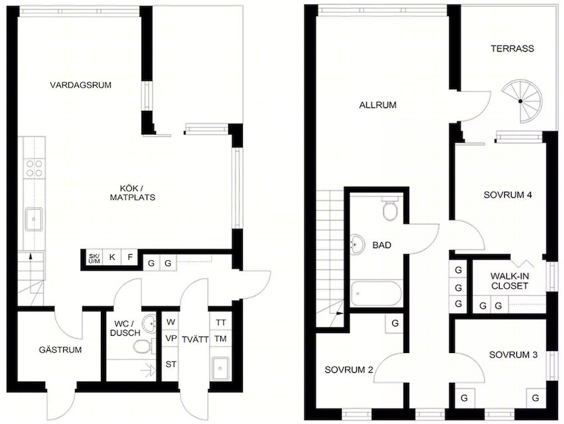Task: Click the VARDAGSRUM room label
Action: click(x=80, y=85)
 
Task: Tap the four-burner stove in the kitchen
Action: click(x=35, y=169)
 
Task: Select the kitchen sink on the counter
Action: click(x=34, y=219)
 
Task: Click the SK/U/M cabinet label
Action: click(x=94, y=259)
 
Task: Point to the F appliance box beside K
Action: click(x=130, y=257)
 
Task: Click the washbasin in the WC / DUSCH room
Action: click(x=149, y=324)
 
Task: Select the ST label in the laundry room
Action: click(x=171, y=364)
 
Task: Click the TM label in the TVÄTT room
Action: click(x=220, y=339)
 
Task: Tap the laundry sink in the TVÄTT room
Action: click(x=220, y=368)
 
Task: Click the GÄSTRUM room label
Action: click(x=60, y=350)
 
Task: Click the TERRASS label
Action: click(x=512, y=48)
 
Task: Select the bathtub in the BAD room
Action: click(x=376, y=293)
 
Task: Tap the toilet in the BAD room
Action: click(x=390, y=208)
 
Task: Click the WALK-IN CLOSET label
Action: click(x=510, y=281)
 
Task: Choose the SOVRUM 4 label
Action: click(x=508, y=195)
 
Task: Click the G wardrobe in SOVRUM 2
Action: click(x=395, y=323)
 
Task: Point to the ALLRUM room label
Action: click(x=378, y=105)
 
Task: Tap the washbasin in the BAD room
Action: click(x=357, y=244)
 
